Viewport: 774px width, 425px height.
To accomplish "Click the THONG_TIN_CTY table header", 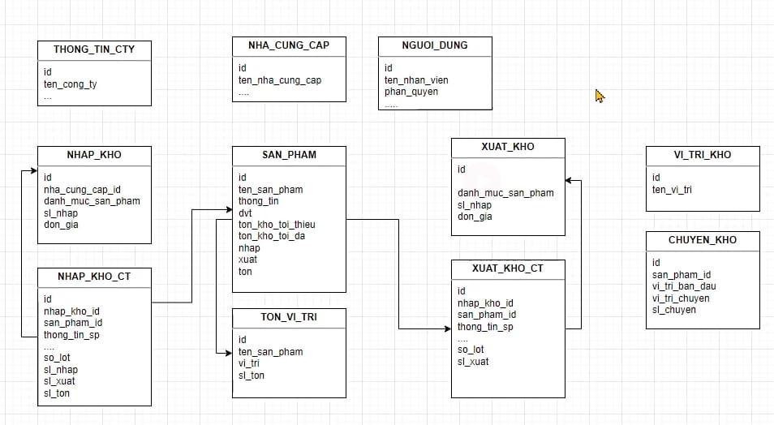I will (x=94, y=49).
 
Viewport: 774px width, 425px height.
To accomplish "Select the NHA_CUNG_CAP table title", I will (x=289, y=45).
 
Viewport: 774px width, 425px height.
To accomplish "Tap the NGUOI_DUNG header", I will (x=435, y=45).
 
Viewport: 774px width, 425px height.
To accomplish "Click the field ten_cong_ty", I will (x=71, y=84).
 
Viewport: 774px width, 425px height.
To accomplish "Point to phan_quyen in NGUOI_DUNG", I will (x=411, y=92).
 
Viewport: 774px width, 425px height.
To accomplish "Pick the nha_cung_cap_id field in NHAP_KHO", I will (x=82, y=189).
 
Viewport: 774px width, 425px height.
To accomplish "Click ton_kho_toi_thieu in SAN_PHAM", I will (x=277, y=225).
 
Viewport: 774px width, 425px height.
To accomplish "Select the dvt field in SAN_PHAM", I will (x=245, y=212).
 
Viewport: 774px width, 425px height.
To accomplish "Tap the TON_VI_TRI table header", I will (x=289, y=317).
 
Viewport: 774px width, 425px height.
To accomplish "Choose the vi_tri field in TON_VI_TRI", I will (x=249, y=363).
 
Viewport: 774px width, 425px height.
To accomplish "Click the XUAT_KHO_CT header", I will (x=508, y=268).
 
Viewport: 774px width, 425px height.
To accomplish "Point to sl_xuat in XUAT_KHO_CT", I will (x=473, y=362).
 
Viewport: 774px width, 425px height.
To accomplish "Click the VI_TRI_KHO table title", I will (x=703, y=155).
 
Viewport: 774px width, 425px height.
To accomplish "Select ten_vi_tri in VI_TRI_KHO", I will (x=672, y=190).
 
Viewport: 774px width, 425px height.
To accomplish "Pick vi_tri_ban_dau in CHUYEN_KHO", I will (x=684, y=286).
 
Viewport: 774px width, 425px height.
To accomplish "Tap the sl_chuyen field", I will (x=673, y=310).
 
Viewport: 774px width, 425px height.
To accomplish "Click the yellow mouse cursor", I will (x=600, y=97).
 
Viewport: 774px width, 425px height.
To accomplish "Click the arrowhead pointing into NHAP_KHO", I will (x=33, y=170).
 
